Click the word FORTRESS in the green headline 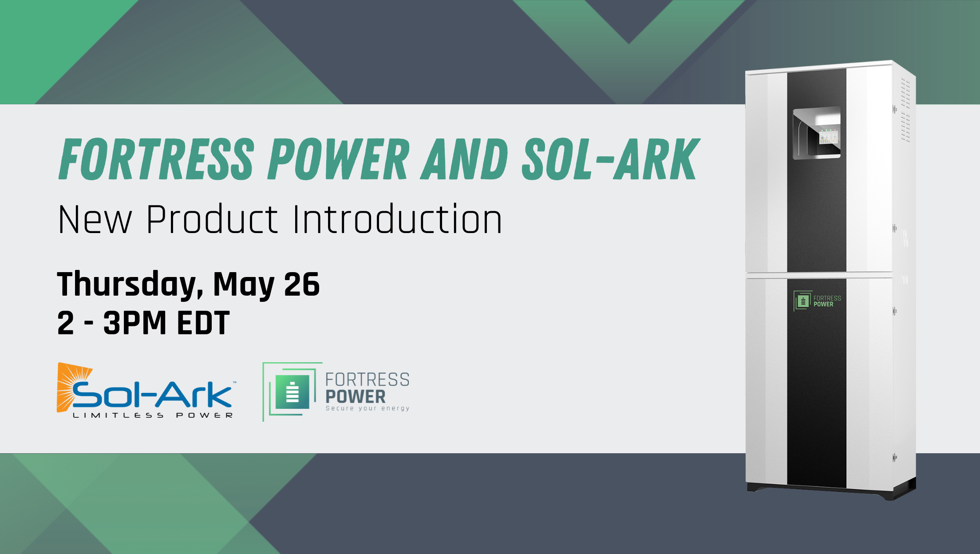pyautogui.click(x=157, y=159)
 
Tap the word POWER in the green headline pyautogui.click(x=339, y=159)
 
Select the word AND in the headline pyautogui.click(x=464, y=159)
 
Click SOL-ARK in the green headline pyautogui.click(x=611, y=159)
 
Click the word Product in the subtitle pyautogui.click(x=212, y=219)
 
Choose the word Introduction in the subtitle pyautogui.click(x=398, y=219)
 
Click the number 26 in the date pyautogui.click(x=302, y=284)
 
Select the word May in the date pyautogui.click(x=244, y=285)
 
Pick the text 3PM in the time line pyautogui.click(x=135, y=323)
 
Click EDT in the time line pyautogui.click(x=203, y=323)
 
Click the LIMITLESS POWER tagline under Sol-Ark pyautogui.click(x=153, y=415)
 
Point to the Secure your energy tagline pyautogui.click(x=367, y=408)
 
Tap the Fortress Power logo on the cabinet pyautogui.click(x=817, y=301)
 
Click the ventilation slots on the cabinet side pyautogui.click(x=905, y=110)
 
